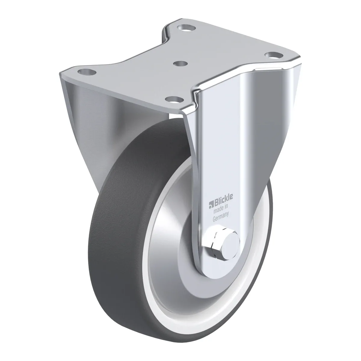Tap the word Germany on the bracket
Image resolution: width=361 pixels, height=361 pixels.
pyautogui.click(x=221, y=218)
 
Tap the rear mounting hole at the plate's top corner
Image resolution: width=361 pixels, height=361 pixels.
pyautogui.click(x=187, y=28)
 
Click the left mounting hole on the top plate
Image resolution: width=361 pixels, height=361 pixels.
pyautogui.click(x=87, y=72)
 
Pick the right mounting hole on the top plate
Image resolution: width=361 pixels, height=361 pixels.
pyautogui.click(x=273, y=54)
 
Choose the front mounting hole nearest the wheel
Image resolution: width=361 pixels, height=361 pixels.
pyautogui.click(x=174, y=99)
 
